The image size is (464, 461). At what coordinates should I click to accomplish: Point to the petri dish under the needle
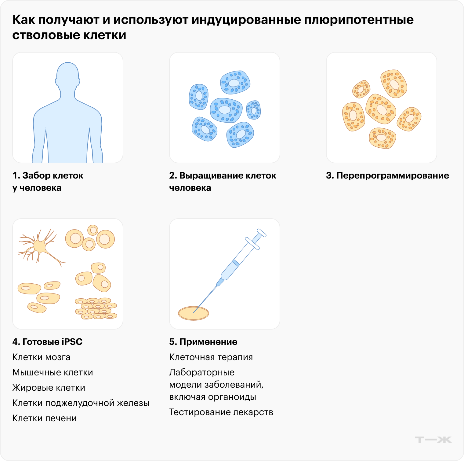193,313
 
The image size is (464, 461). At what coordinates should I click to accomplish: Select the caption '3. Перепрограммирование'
387,175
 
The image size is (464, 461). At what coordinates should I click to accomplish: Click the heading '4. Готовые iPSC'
47,342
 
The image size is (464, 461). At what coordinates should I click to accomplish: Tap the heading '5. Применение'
203,342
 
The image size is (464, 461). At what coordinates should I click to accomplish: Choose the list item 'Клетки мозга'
41,357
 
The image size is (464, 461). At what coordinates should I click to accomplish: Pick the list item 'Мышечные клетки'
53,372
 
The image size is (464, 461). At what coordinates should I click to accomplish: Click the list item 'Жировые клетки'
49,388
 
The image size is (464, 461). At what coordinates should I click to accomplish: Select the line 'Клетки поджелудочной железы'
81,403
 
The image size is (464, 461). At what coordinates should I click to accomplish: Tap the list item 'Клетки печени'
44,418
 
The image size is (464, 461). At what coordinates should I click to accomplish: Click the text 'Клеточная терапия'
211,357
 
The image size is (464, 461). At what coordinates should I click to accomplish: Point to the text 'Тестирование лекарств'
221,412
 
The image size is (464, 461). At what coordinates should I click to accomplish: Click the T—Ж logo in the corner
433,440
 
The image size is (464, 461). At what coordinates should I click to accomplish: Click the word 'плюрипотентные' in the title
359,20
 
